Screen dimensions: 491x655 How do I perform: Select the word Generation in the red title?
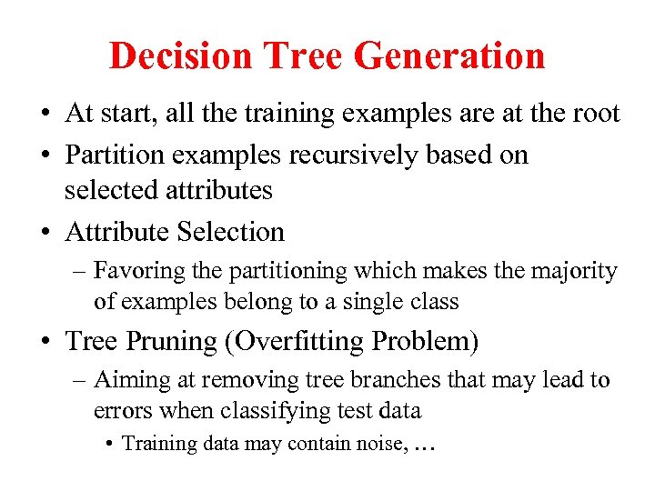tap(448, 55)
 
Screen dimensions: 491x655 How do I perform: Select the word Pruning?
tap(184, 341)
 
